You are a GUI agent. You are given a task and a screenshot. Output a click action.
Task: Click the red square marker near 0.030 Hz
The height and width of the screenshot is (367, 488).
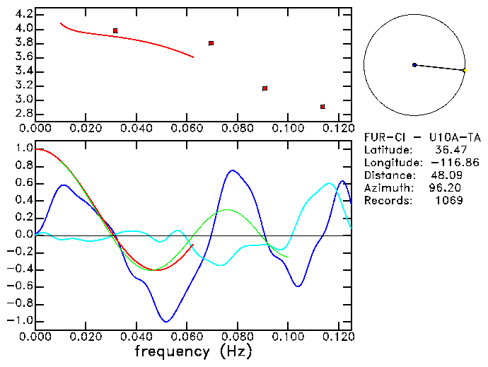click(115, 30)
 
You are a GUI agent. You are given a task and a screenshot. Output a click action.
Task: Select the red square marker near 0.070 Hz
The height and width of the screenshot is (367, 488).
click(211, 43)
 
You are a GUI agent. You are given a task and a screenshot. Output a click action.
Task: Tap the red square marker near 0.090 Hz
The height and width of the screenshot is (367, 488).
click(265, 88)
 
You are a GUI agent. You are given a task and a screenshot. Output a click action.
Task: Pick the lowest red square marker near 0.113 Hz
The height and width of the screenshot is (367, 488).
click(323, 107)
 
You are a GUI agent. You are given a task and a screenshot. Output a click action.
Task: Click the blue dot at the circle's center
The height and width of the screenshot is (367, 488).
click(414, 64)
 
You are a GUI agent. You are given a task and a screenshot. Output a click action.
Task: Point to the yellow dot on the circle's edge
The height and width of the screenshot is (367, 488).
click(464, 70)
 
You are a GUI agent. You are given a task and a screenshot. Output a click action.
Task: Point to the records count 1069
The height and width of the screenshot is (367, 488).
click(449, 201)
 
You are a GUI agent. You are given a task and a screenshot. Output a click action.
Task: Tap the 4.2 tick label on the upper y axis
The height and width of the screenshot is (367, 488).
click(23, 14)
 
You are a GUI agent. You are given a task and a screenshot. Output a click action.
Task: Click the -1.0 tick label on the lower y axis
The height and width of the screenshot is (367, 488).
click(21, 321)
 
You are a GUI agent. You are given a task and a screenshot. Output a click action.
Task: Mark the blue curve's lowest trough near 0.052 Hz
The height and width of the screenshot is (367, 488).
click(165, 322)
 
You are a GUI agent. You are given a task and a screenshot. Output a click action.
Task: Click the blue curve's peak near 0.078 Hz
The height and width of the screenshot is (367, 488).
click(232, 170)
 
